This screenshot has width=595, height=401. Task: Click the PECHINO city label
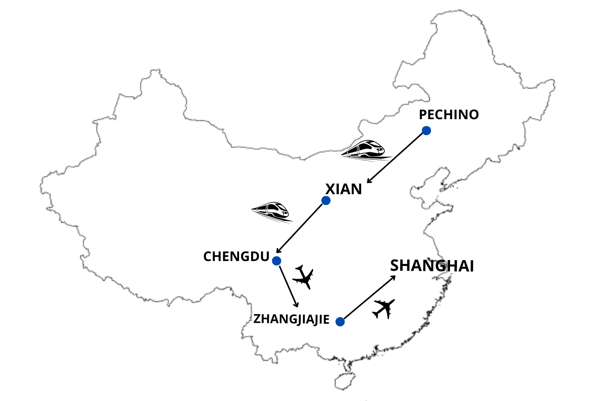coord(448,115)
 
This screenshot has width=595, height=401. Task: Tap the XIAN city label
coord(344,189)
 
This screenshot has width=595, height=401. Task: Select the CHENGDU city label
coord(236,257)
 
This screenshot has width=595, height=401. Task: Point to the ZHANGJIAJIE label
coord(291,319)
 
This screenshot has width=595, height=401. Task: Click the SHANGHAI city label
coord(432,266)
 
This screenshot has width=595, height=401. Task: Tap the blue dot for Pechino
coord(426,131)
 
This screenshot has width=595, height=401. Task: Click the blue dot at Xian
coord(326,200)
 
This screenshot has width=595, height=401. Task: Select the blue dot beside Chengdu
coord(276,261)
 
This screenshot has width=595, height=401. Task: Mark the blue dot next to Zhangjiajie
coord(340,322)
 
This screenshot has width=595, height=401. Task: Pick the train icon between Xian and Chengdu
coord(271,212)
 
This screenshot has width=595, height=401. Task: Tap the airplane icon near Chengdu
coord(303,277)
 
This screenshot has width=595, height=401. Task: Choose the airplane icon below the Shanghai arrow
coord(384,309)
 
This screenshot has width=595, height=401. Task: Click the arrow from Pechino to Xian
coord(396,157)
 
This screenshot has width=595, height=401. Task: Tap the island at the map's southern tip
coord(345,380)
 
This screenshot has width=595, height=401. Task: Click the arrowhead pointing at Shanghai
coord(393,277)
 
